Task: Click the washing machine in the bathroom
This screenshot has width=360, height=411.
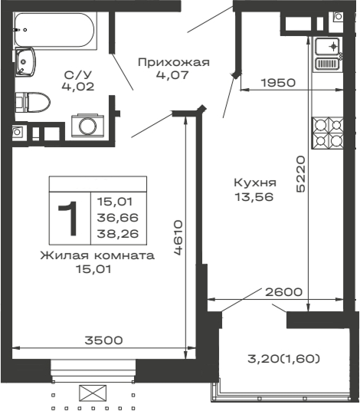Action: click(86, 124)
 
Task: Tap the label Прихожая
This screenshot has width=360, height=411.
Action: click(173, 62)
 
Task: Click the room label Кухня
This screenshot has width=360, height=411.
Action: click(256, 183)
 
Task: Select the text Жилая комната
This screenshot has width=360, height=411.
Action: click(97, 255)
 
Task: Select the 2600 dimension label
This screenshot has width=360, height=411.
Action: click(283, 291)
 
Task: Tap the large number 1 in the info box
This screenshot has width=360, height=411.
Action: click(70, 217)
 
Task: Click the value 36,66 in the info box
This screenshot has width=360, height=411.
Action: click(113, 218)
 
